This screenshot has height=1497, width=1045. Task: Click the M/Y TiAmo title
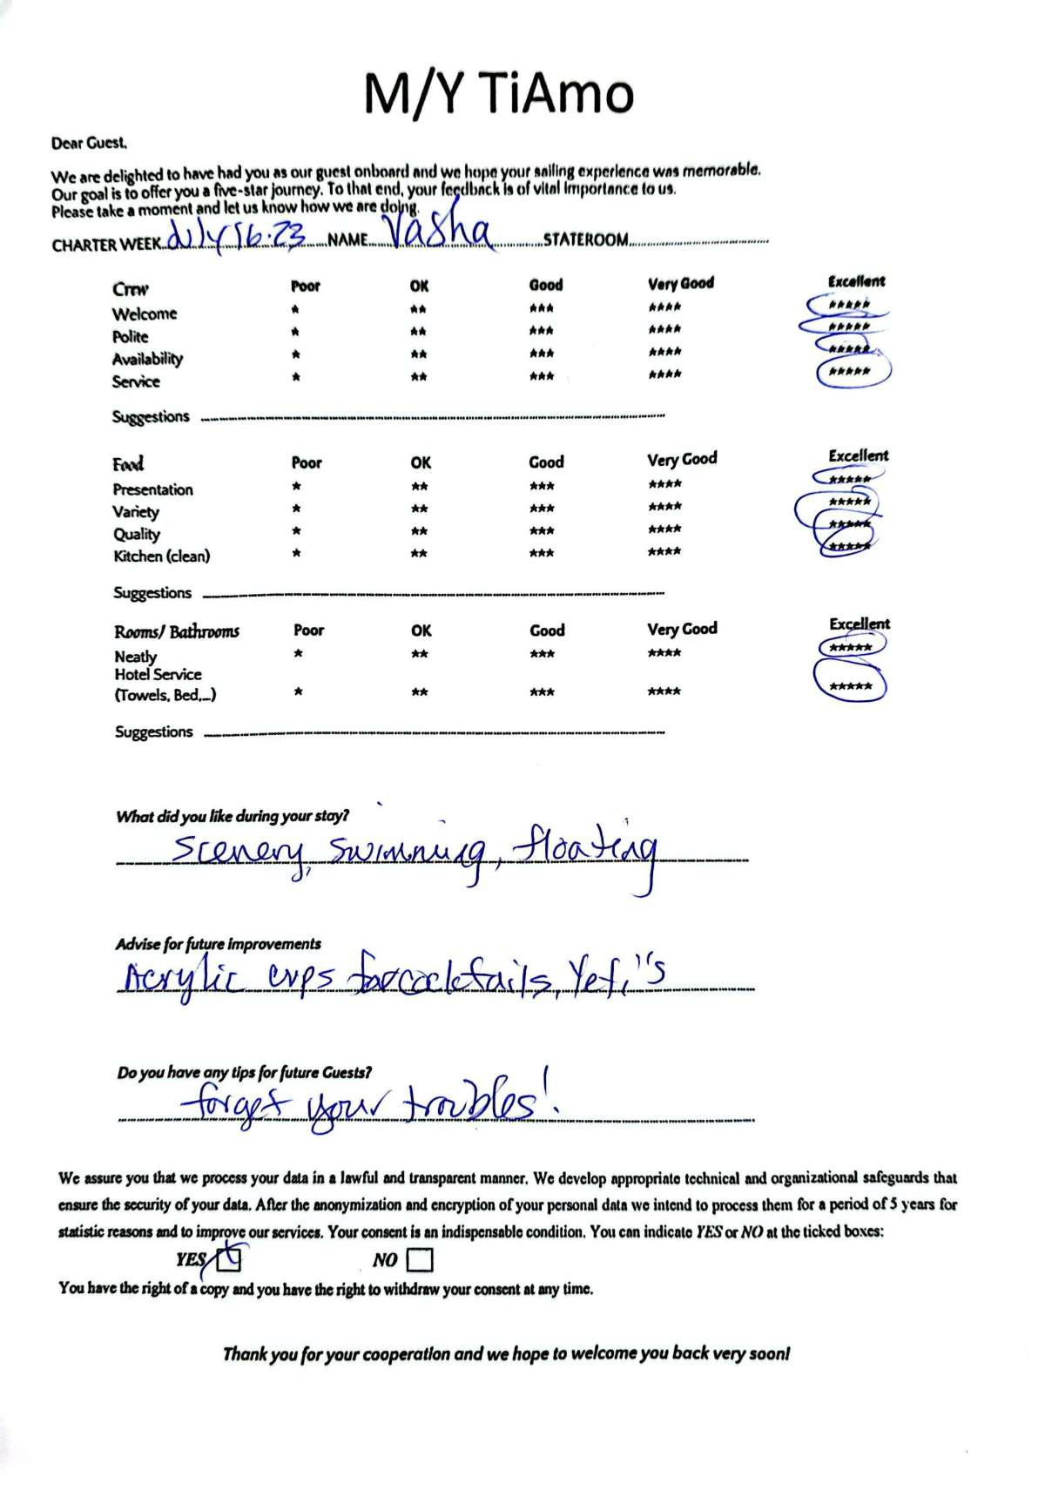498,93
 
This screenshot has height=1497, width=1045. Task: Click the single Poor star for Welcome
296,309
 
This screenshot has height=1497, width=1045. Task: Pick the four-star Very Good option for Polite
664,330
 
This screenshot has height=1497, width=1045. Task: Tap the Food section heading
128,463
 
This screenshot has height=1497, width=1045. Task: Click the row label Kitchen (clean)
162,556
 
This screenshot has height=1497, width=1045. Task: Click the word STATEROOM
585,239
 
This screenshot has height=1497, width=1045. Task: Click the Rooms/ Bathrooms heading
176,631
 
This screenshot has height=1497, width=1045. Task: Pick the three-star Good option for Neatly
542,654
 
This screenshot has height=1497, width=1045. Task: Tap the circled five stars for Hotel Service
850,685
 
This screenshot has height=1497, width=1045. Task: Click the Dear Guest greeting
89,143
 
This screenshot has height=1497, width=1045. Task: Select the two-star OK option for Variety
419,509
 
